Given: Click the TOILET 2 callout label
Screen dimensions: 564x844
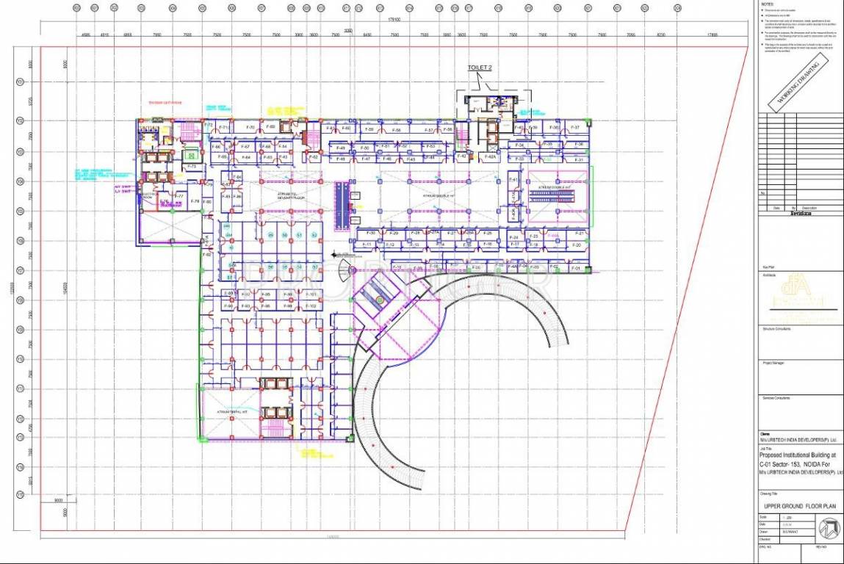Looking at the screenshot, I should click(480, 68).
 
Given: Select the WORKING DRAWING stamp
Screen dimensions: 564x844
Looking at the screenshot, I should click(798, 82).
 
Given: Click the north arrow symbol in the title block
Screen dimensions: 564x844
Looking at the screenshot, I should click(829, 529).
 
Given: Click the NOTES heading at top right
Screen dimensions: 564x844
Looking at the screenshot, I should click(768, 4).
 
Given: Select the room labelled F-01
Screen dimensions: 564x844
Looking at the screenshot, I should click(577, 269).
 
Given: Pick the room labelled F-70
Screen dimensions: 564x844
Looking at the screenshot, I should click(250, 128).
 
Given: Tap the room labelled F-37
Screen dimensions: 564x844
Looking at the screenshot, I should click(577, 128).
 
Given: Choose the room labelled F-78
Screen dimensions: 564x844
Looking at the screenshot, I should click(196, 201).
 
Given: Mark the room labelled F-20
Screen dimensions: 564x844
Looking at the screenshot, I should click(577, 245).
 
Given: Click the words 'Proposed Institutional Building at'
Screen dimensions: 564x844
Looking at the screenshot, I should click(796, 455).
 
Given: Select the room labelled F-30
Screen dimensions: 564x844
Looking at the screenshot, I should click(372, 234).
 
